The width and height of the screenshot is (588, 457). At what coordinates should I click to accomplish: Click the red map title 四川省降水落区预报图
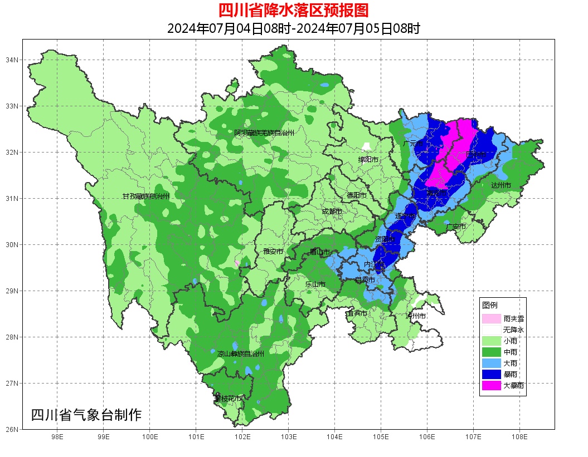click(294, 11)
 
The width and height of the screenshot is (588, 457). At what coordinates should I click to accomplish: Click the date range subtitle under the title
click(294, 28)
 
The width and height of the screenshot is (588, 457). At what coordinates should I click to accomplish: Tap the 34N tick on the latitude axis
click(12, 60)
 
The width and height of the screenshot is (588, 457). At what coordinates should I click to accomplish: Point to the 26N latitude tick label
click(12, 429)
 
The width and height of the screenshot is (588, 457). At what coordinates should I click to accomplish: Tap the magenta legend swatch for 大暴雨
click(491, 385)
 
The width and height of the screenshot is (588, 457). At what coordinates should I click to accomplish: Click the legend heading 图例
click(490, 306)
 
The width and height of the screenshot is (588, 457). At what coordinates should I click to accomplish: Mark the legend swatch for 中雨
click(491, 352)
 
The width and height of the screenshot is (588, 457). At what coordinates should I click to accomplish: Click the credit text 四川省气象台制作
click(86, 415)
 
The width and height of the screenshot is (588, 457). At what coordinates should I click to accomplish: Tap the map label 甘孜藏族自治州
click(146, 196)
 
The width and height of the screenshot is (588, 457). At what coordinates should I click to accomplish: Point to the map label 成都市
click(332, 212)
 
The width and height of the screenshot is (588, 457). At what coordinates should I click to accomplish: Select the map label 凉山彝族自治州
click(241, 353)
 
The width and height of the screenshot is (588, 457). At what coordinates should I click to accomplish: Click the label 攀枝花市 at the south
click(228, 399)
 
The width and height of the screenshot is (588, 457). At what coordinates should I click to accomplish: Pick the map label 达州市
click(501, 185)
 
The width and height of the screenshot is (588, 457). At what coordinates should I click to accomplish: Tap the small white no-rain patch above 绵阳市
click(367, 147)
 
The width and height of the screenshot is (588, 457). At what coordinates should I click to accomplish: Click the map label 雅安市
click(273, 252)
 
